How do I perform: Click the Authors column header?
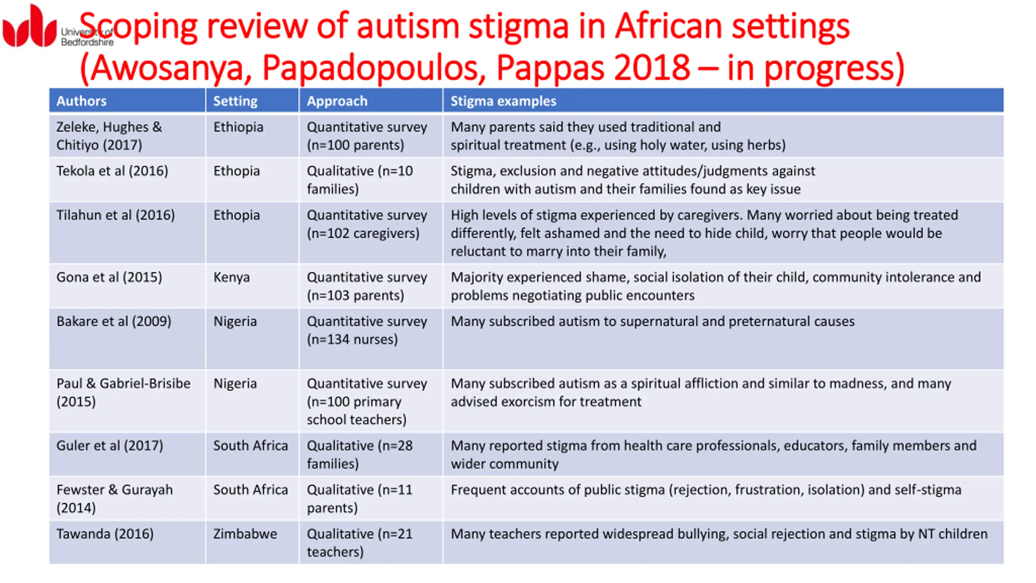coord(81,101)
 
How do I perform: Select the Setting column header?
coord(235,101)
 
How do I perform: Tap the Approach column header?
coord(337,101)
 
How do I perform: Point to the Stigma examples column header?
coord(503,101)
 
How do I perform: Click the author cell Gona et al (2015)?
coord(109,277)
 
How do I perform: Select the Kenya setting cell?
coord(231,277)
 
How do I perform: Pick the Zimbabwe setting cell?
coord(245,534)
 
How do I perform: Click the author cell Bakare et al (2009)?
coord(114,321)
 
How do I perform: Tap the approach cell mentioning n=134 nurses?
coord(367,330)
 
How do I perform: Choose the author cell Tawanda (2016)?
coord(105,534)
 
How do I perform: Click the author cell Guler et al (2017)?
coord(110,446)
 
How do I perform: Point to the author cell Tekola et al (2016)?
coord(112,171)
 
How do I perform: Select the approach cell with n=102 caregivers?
coord(367,224)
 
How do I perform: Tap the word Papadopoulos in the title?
coord(374,68)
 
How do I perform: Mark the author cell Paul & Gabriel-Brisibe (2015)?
coord(123,392)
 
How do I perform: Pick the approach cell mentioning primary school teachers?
coord(367,401)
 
